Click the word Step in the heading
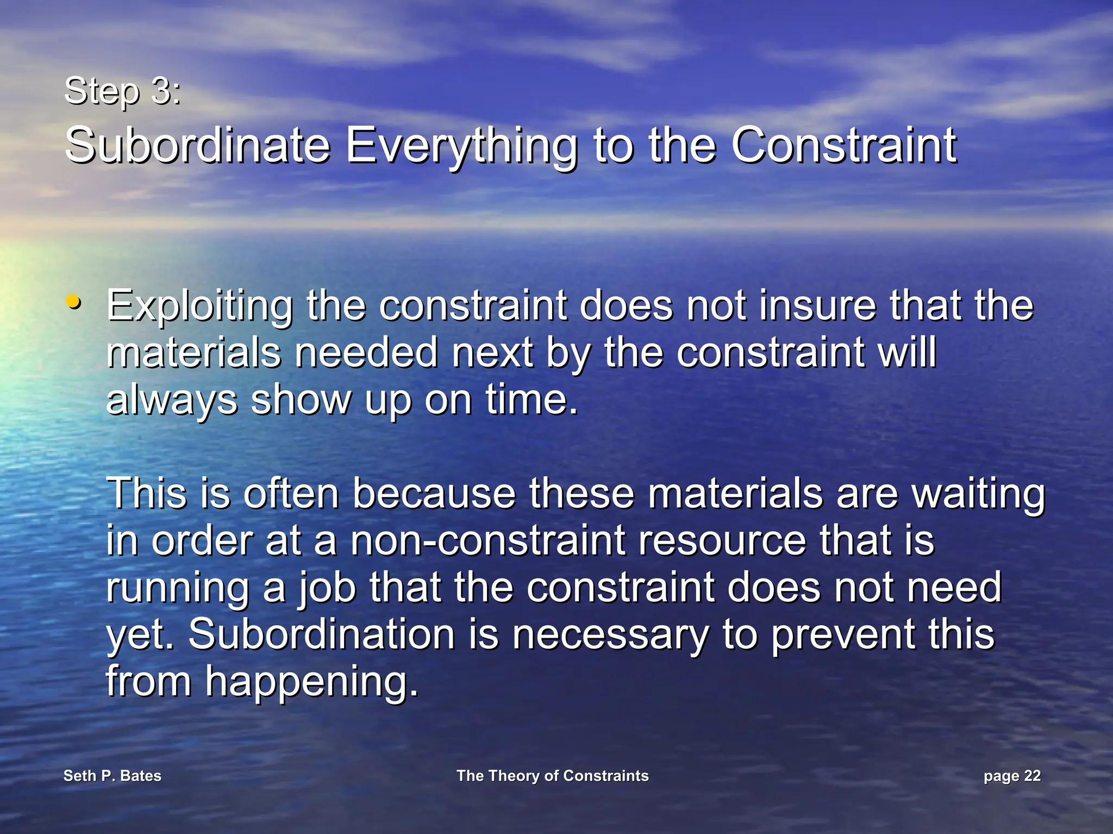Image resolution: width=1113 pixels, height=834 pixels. tap(102, 91)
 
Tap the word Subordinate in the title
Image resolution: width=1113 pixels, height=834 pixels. tap(197, 145)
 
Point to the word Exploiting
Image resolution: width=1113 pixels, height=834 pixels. tap(199, 307)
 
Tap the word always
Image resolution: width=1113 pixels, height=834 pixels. tap(172, 401)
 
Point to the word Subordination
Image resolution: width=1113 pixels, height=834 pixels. tap(321, 634)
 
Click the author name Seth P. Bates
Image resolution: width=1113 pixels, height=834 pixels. tap(112, 776)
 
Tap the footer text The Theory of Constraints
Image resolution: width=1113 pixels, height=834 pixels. tap(552, 776)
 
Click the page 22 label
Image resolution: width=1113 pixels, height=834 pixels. tap(1011, 776)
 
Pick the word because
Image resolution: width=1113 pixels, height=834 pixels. tap(434, 494)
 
